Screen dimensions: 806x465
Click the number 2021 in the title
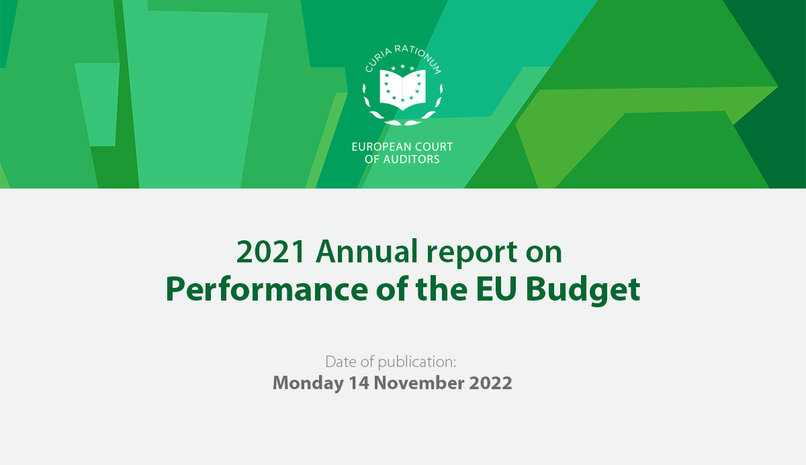[271, 252]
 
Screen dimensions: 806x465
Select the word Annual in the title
[367, 251]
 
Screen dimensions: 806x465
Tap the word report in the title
[472, 254]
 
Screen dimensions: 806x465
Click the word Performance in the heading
[267, 290]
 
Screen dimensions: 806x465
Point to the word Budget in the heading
[583, 291]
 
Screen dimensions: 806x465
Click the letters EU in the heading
[496, 290]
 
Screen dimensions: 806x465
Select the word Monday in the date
[308, 383]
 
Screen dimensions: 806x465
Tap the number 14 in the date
[359, 382]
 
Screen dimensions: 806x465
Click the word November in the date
[419, 382]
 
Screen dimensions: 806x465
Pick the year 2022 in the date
[490, 382]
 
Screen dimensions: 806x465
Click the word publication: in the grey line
[416, 362]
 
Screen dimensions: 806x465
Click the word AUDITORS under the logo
[411, 159]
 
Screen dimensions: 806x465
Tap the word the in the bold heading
[441, 289]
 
